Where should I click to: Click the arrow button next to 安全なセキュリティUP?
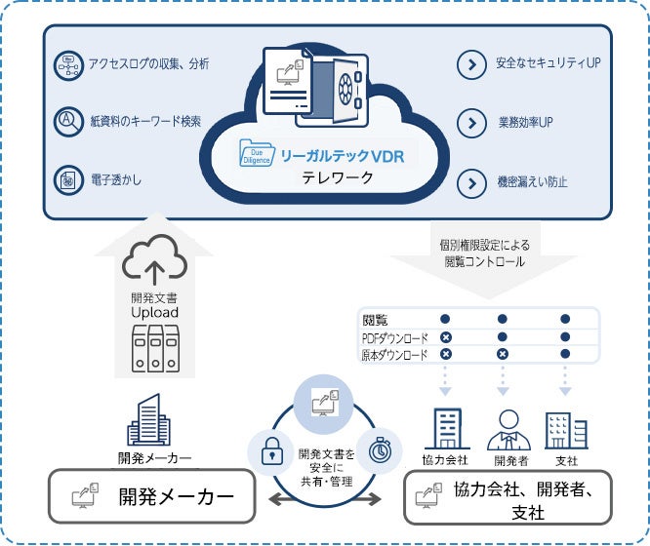472,65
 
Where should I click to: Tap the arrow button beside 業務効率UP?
472,124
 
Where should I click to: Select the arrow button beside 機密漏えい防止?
472,181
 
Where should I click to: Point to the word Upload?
154,314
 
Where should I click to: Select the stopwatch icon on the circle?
380,451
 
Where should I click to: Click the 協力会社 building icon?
445,428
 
